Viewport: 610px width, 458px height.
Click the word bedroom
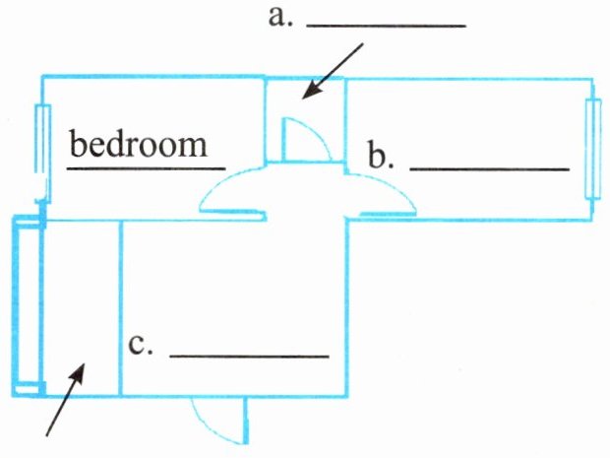tap(139, 145)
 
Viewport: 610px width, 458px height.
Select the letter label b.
tap(381, 156)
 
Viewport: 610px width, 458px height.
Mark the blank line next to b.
tap(489, 168)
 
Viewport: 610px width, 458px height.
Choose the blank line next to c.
tap(249, 355)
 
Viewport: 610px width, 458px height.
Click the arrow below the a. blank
tap(333, 71)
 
